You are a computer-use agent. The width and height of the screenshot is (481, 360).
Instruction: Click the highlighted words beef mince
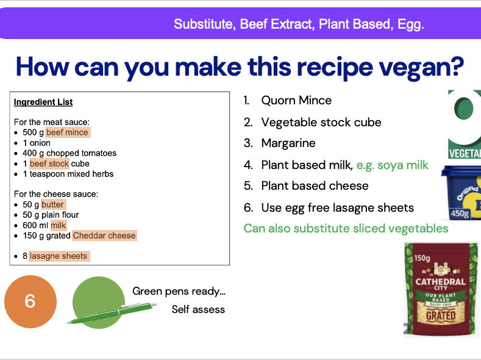(x=68, y=132)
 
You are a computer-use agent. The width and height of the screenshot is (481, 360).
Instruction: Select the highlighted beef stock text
(x=50, y=164)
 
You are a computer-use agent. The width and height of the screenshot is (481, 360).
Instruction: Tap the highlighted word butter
(x=53, y=204)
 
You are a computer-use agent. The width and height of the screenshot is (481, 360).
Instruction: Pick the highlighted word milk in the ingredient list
(x=59, y=225)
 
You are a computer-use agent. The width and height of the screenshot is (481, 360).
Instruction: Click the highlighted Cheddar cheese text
(x=104, y=236)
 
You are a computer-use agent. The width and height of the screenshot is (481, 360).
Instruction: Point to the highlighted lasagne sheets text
(x=59, y=256)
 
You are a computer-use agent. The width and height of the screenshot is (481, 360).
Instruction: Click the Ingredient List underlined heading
(x=43, y=102)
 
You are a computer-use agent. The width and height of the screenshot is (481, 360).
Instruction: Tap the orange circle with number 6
(x=30, y=301)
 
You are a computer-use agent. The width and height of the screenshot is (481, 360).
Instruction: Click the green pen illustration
(x=110, y=313)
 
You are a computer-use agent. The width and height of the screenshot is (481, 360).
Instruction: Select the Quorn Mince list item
(x=296, y=101)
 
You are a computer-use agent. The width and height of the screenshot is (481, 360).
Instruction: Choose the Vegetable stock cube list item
(x=321, y=122)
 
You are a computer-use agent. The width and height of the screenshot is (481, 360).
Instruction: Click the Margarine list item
(x=288, y=143)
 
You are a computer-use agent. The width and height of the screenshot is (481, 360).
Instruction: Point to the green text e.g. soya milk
(x=392, y=165)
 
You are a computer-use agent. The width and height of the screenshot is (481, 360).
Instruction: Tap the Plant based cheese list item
(x=315, y=186)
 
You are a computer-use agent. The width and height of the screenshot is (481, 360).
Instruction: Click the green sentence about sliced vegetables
(x=346, y=229)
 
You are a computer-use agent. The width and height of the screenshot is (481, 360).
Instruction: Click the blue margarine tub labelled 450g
(x=461, y=192)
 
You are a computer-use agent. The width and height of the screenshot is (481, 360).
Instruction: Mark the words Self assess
(x=198, y=309)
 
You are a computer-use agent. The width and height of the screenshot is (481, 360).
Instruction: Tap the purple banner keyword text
(x=299, y=24)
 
